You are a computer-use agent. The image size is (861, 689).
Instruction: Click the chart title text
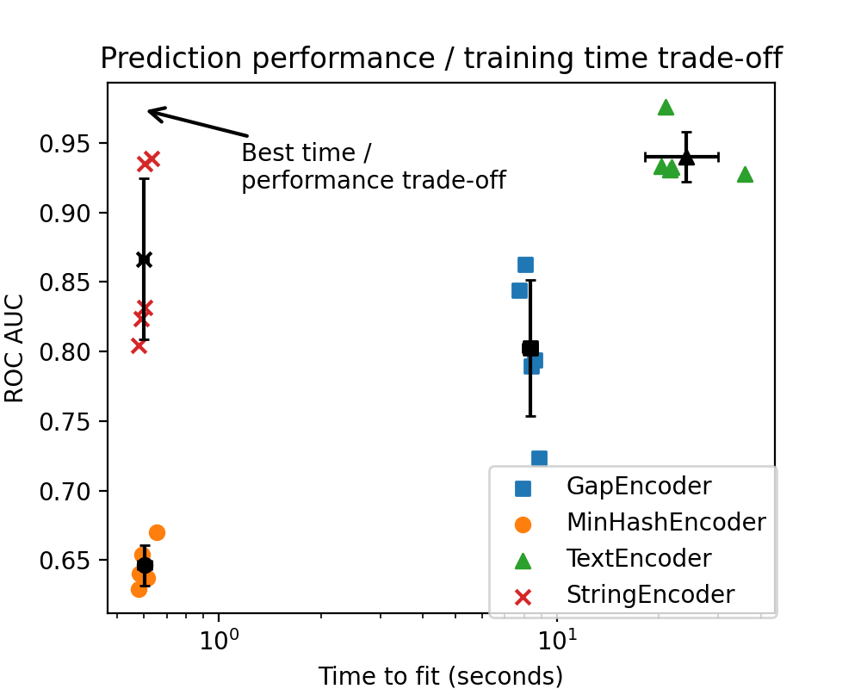[441, 59]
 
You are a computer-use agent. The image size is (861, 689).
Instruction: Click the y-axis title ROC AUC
[15, 348]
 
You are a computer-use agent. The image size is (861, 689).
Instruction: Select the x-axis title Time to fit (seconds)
[441, 676]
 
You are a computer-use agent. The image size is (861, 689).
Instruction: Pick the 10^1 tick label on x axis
[557, 642]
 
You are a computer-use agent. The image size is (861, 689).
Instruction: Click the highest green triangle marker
[666, 108]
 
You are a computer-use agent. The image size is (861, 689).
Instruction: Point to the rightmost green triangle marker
[745, 175]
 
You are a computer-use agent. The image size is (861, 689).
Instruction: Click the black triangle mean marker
[686, 157]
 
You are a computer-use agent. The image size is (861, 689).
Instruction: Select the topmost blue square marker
[525, 264]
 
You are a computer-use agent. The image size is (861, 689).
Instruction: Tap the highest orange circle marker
[157, 532]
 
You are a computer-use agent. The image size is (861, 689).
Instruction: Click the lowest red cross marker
[139, 345]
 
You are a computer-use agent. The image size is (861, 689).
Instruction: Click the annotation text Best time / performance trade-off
[372, 167]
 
